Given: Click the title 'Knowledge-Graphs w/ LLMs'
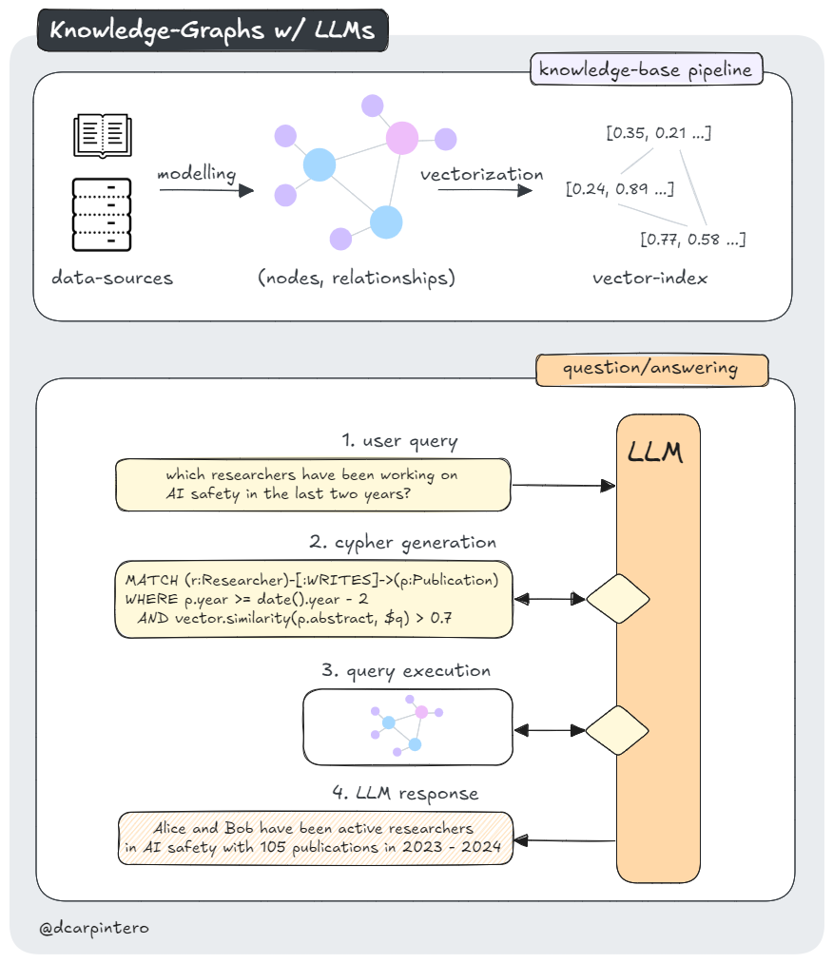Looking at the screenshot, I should click(x=212, y=30).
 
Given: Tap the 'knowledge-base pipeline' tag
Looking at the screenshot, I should click(x=647, y=69).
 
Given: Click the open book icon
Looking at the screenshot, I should click(x=102, y=134).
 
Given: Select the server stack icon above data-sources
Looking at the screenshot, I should click(x=102, y=214).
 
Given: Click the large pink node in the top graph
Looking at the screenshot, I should click(x=403, y=139).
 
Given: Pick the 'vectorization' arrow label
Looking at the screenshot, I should click(x=482, y=174).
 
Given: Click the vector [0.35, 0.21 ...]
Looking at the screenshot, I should click(x=658, y=132).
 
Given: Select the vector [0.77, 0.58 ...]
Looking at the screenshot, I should click(x=692, y=239).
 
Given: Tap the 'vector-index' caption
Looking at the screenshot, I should click(x=649, y=279).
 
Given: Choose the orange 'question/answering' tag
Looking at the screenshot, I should click(x=651, y=369).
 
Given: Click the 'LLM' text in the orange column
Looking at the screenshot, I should click(x=656, y=453).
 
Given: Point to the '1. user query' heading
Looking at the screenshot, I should click(x=399, y=441).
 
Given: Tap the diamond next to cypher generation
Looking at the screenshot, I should click(x=618, y=599).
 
